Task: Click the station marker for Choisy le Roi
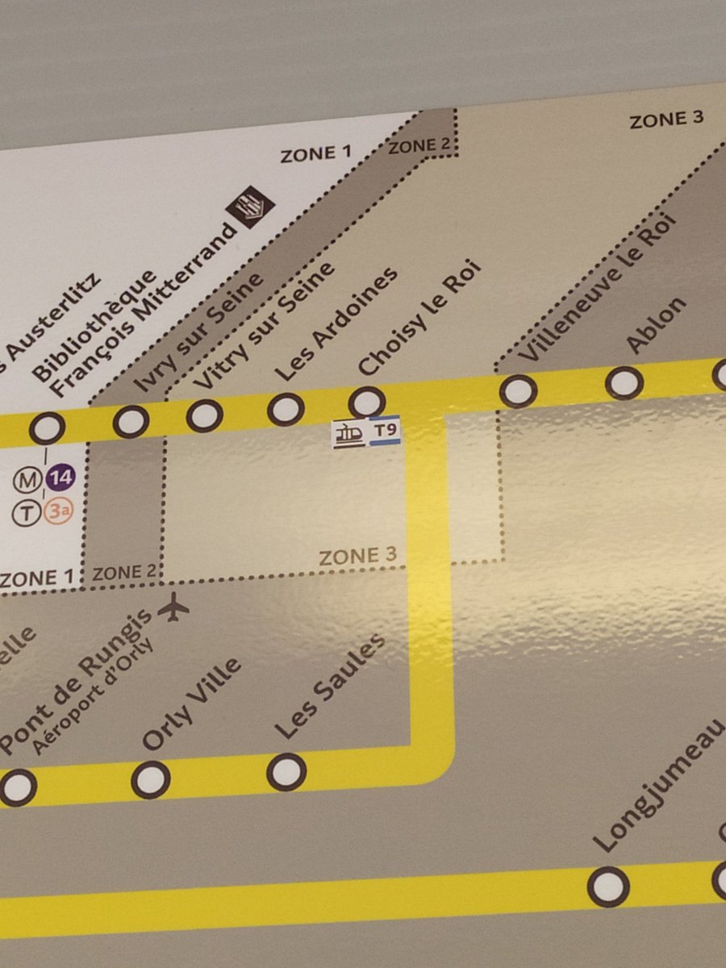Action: click(366, 402)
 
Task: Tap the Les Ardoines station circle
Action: click(286, 409)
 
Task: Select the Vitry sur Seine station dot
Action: click(204, 415)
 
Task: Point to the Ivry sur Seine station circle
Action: click(131, 421)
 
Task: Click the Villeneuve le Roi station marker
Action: click(517, 391)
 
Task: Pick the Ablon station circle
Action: click(624, 382)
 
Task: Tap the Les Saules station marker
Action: click(286, 772)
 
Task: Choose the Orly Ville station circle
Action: click(151, 780)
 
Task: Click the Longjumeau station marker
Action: click(607, 887)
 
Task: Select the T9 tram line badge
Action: click(386, 432)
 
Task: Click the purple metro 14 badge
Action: click(58, 480)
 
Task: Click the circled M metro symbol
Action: click(27, 481)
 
